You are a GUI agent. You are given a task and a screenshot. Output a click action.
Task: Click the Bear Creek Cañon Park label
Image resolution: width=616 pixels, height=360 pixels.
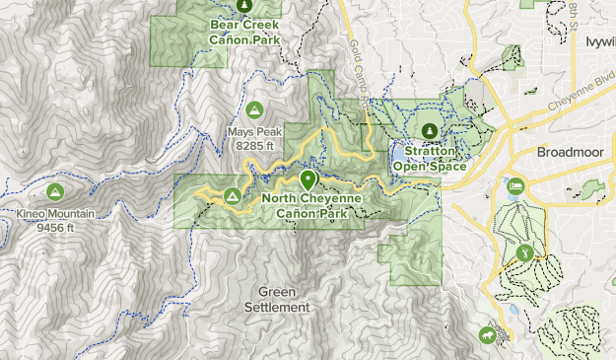coord(244,33)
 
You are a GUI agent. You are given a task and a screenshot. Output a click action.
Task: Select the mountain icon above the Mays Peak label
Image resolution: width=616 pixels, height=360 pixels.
coord(254,108)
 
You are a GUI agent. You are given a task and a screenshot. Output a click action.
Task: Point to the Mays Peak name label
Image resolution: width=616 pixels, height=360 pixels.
coord(254,131)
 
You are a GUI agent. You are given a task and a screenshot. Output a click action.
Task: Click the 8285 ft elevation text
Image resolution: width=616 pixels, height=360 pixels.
coord(254,146)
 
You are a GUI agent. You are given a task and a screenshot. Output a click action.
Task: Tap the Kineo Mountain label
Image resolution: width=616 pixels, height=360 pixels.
coord(55,213)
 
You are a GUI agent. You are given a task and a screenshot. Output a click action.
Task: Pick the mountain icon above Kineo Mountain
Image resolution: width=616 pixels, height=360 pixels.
coord(55,190)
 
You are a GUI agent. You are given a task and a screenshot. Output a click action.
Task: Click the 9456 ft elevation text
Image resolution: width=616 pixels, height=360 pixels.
coord(55,228)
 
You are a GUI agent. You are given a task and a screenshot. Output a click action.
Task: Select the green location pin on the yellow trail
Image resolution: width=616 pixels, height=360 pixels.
coord(308,180)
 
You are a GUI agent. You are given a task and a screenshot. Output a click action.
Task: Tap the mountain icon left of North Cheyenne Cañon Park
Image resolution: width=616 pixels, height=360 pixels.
coord(233,195)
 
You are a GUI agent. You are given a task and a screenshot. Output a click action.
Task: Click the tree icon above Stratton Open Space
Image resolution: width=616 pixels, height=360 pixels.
coord(429,129)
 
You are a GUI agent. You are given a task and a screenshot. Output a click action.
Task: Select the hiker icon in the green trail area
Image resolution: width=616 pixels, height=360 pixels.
coord(524,252)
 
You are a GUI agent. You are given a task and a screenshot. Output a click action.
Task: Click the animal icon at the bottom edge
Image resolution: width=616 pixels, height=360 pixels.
coord(487,336)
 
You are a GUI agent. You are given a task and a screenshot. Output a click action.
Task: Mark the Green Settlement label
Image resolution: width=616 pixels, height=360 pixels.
coord(283,300)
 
